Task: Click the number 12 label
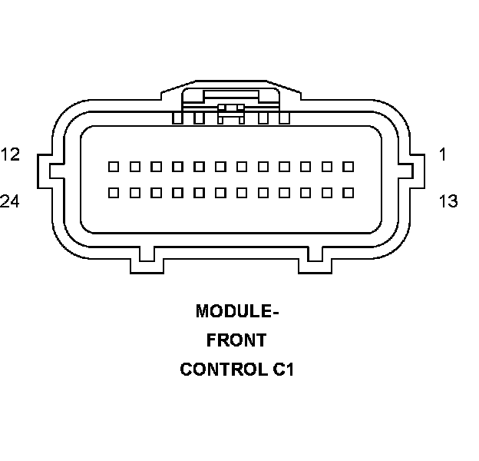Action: (10, 154)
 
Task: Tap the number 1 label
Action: (442, 154)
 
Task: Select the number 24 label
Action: (10, 201)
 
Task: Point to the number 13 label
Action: (448, 201)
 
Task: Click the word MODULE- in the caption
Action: (237, 311)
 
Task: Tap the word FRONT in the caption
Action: (237, 340)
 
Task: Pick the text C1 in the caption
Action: (282, 370)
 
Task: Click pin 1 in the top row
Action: (348, 166)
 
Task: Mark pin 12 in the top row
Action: (113, 166)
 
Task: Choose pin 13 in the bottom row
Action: (348, 192)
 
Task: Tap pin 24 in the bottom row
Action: (113, 192)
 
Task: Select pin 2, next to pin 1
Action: (326, 166)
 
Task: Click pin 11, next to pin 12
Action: (134, 166)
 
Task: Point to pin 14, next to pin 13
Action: (326, 192)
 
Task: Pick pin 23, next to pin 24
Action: (134, 192)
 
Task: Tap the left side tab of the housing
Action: (45, 168)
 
